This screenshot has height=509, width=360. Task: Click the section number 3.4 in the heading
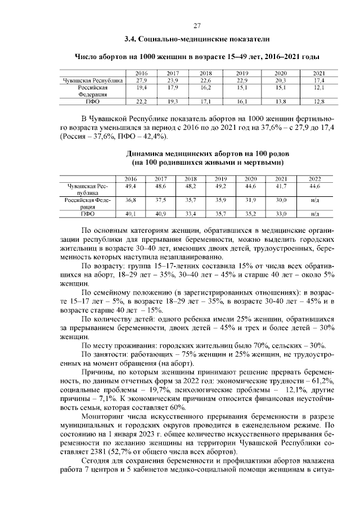(x=130, y=39)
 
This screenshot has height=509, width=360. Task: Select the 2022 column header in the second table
(x=314, y=179)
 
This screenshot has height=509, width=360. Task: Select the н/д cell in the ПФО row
(x=314, y=214)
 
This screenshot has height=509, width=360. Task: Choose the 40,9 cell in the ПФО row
(x=161, y=214)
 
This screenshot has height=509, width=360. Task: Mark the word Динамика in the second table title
(x=143, y=154)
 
